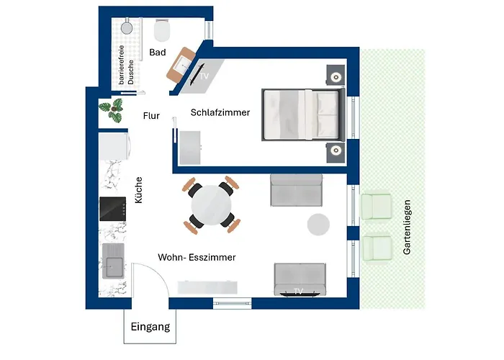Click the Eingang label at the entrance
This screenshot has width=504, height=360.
pos(150,327)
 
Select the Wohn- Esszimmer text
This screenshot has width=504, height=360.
pos(197,256)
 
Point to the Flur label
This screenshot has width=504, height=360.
pos(151,115)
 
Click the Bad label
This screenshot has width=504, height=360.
pos(158,53)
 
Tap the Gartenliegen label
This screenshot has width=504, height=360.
pos(407,228)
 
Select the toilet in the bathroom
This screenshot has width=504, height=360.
pos(163,30)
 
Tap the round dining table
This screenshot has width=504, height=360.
pos(212,204)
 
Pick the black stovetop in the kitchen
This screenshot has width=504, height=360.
pos(113,209)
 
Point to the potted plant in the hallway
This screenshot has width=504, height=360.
pos(111,111)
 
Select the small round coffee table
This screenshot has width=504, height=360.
pos(318,224)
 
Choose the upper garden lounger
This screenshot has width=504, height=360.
pos(375,207)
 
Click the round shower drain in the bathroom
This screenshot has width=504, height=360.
pos(127,28)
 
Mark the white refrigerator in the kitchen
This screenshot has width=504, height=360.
pos(115,147)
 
